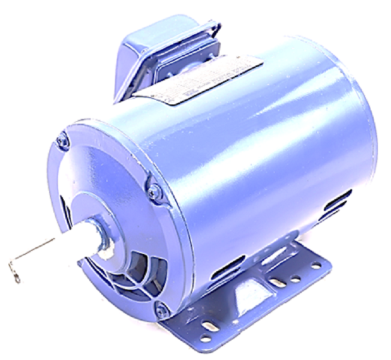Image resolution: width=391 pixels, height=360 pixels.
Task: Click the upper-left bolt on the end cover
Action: click(61, 142)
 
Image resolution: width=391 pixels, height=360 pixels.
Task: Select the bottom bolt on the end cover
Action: click(160, 310)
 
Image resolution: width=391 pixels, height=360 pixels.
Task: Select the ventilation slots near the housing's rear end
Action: click(336, 204)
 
